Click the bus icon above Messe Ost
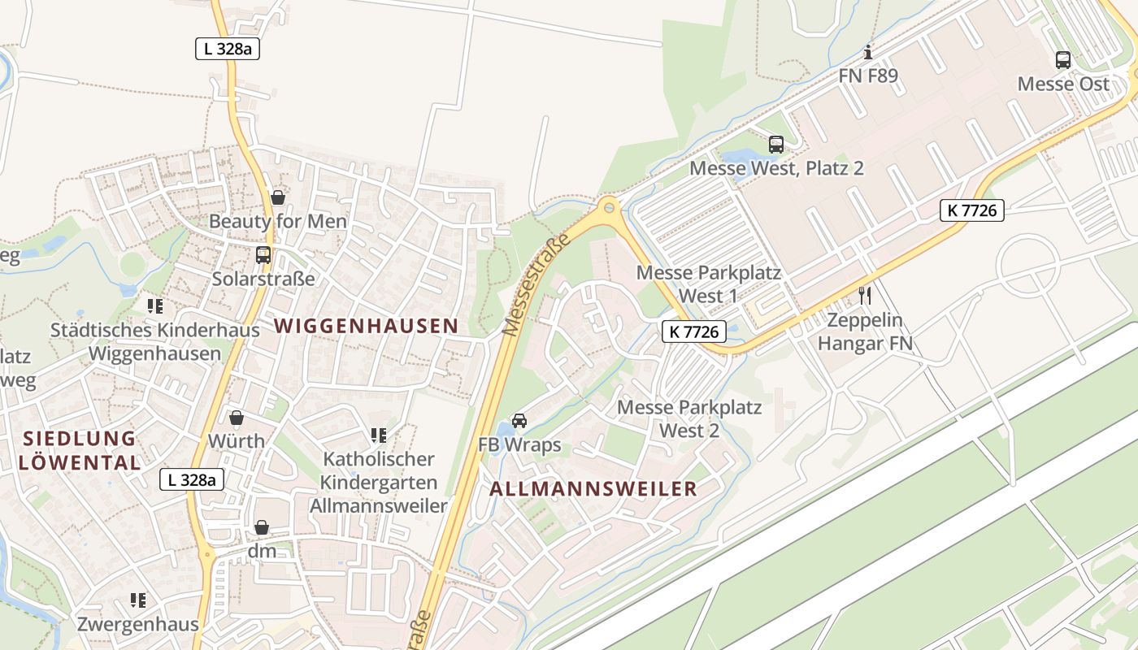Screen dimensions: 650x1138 click(x=1062, y=59)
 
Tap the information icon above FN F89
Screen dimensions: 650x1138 click(x=868, y=53)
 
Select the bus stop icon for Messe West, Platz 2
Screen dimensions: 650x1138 click(x=775, y=145)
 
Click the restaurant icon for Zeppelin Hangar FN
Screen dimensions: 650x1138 click(x=865, y=295)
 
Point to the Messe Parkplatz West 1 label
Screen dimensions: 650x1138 click(x=708, y=284)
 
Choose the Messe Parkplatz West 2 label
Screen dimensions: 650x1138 click(x=689, y=418)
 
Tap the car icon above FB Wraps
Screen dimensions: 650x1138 click(x=519, y=421)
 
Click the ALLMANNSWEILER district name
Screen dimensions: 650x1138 click(x=593, y=489)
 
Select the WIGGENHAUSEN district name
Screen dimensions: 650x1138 click(x=366, y=326)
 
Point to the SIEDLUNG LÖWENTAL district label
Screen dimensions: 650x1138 click(x=80, y=451)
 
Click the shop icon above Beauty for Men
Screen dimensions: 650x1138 click(x=278, y=197)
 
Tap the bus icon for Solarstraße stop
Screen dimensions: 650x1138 click(x=263, y=255)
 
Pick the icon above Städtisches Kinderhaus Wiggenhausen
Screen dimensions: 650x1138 click(x=155, y=306)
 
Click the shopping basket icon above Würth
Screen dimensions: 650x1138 click(x=237, y=418)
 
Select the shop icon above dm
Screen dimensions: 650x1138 click(x=262, y=527)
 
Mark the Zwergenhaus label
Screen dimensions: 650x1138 click(x=138, y=624)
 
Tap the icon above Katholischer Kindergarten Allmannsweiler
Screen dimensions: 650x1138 click(x=378, y=435)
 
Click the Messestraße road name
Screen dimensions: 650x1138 click(x=532, y=285)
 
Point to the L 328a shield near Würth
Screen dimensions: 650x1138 click(x=191, y=479)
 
